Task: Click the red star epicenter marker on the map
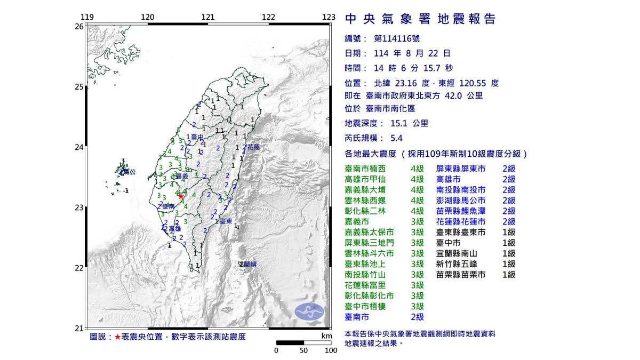point(181,196)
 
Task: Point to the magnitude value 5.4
point(396,138)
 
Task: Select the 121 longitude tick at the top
point(209,17)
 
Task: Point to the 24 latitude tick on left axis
point(79,147)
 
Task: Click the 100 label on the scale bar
point(331,350)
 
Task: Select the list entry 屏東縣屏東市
point(461,169)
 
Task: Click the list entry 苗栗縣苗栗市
point(461,274)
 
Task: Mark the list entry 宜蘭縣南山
point(457,253)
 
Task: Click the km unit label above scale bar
point(326,336)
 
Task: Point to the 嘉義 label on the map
point(182,176)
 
